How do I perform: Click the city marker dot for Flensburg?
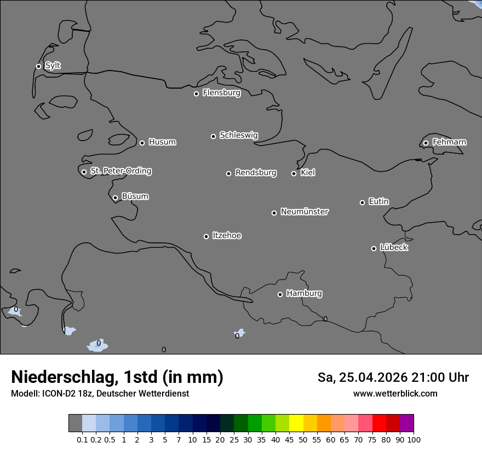click(196, 94)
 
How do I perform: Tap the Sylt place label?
click(53, 66)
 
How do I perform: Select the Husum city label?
click(162, 142)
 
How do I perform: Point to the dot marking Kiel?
click(294, 173)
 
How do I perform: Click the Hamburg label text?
click(304, 294)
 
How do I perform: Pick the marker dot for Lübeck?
click(374, 248)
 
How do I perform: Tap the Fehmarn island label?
click(449, 142)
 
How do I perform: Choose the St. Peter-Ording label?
click(120, 171)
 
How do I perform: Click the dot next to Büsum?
click(115, 198)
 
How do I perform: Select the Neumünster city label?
click(305, 212)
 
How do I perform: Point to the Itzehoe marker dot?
click(206, 236)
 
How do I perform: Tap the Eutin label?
click(378, 202)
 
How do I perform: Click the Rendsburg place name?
click(256, 173)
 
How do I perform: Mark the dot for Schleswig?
click(213, 136)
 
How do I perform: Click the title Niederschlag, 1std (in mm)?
click(117, 377)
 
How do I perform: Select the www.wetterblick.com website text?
click(395, 393)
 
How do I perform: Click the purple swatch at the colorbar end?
click(406, 423)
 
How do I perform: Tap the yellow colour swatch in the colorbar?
click(296, 423)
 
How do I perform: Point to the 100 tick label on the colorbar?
click(414, 439)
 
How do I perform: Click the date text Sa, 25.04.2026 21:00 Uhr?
click(393, 377)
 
